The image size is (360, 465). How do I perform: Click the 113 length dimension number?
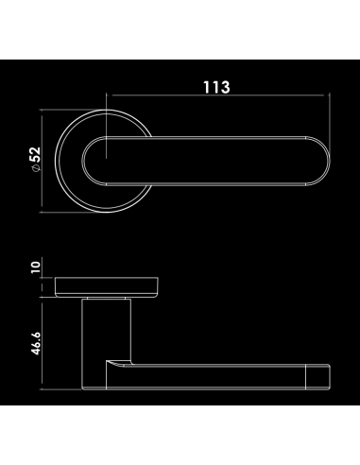tap(216, 87)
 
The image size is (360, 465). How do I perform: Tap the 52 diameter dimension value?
tap(36, 154)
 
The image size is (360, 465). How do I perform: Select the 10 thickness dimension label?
tap(36, 267)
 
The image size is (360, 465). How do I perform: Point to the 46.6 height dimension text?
tap(36, 343)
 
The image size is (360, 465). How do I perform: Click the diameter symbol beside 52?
tap(37, 168)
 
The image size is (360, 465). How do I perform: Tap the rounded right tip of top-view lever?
tap(318, 161)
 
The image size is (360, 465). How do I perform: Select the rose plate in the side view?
tap(107, 287)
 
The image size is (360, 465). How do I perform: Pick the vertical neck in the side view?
tap(106, 330)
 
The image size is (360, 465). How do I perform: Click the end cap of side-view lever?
tap(318, 377)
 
